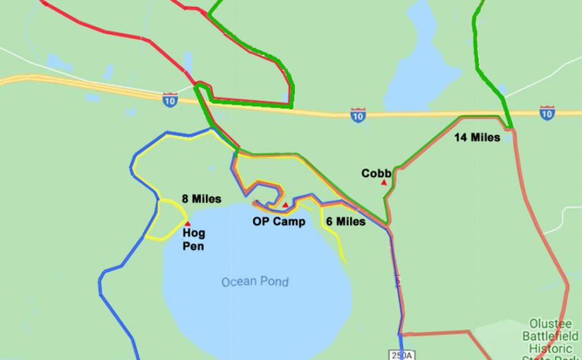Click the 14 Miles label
(x=477, y=138)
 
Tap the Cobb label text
(x=376, y=173)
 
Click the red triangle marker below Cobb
(x=384, y=182)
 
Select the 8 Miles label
(x=201, y=199)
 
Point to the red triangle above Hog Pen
(x=187, y=223)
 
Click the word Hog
(x=193, y=232)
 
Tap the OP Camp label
(x=279, y=221)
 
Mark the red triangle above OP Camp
(x=285, y=205)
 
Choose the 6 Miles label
(x=346, y=221)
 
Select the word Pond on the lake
(x=274, y=282)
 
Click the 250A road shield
(x=399, y=355)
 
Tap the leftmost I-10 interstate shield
(x=169, y=100)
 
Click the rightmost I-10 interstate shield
(x=547, y=112)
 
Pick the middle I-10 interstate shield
(x=358, y=115)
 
